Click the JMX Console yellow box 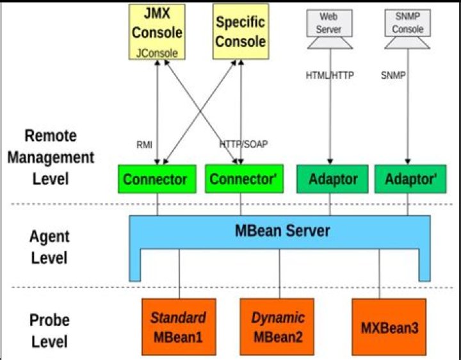click(x=157, y=32)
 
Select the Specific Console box click(x=241, y=31)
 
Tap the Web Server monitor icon click(x=330, y=29)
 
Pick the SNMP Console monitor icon click(x=407, y=29)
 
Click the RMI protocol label click(x=144, y=145)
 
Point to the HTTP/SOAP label click(x=244, y=144)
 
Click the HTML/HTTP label click(x=330, y=76)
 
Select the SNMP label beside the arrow click(x=393, y=76)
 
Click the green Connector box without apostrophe click(x=157, y=179)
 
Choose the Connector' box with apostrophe click(x=245, y=179)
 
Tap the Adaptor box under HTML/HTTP click(x=332, y=179)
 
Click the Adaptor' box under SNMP click(x=410, y=179)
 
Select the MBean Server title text click(x=282, y=231)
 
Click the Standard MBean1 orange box click(x=179, y=327)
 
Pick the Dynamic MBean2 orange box click(x=277, y=327)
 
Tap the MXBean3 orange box click(x=389, y=327)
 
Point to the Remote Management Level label click(x=51, y=158)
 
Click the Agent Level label click(x=49, y=247)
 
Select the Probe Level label click(x=49, y=331)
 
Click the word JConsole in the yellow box click(x=157, y=53)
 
